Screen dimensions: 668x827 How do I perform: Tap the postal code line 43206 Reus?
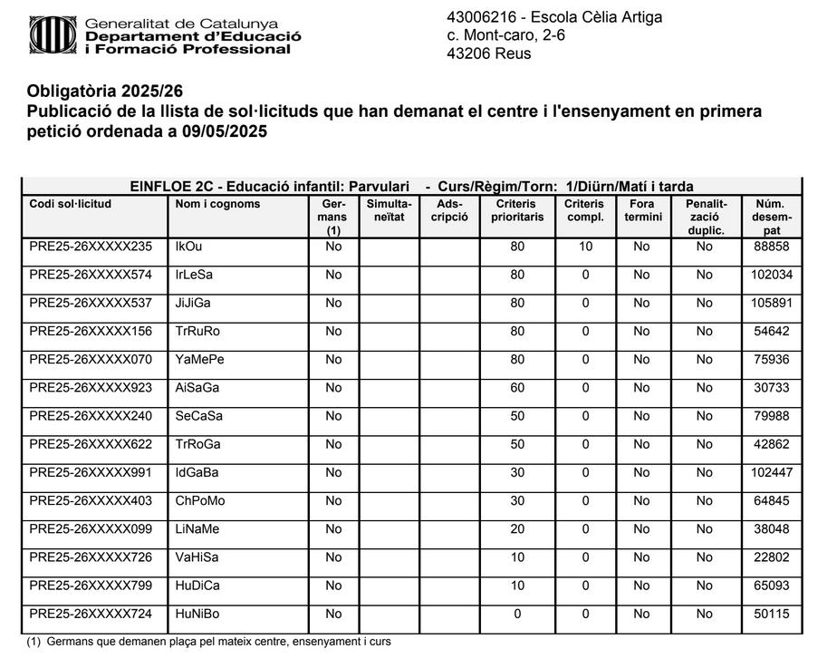pos(489,53)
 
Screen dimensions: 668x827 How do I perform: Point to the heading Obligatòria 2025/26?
pos(111,92)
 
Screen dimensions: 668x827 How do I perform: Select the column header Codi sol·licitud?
pos(70,204)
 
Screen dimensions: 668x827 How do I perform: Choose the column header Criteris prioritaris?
pos(517,210)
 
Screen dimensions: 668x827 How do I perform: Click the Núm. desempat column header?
pos(771,218)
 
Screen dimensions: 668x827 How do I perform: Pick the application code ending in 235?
pos(91,247)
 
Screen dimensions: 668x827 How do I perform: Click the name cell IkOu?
pos(189,247)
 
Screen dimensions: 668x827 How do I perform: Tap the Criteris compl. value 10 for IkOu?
pos(585,247)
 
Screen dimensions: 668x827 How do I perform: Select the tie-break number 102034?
pos(771,275)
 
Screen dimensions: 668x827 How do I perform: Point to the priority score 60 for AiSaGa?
pos(517,388)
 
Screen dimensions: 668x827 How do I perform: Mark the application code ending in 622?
pos(91,445)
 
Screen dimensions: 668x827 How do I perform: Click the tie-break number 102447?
pos(771,473)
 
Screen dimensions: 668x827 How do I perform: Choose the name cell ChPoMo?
pos(200,501)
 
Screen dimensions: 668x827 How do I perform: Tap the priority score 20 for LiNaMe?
pos(517,529)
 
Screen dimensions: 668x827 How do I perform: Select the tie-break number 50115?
pos(771,615)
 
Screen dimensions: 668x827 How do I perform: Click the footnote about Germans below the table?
pos(208,642)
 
